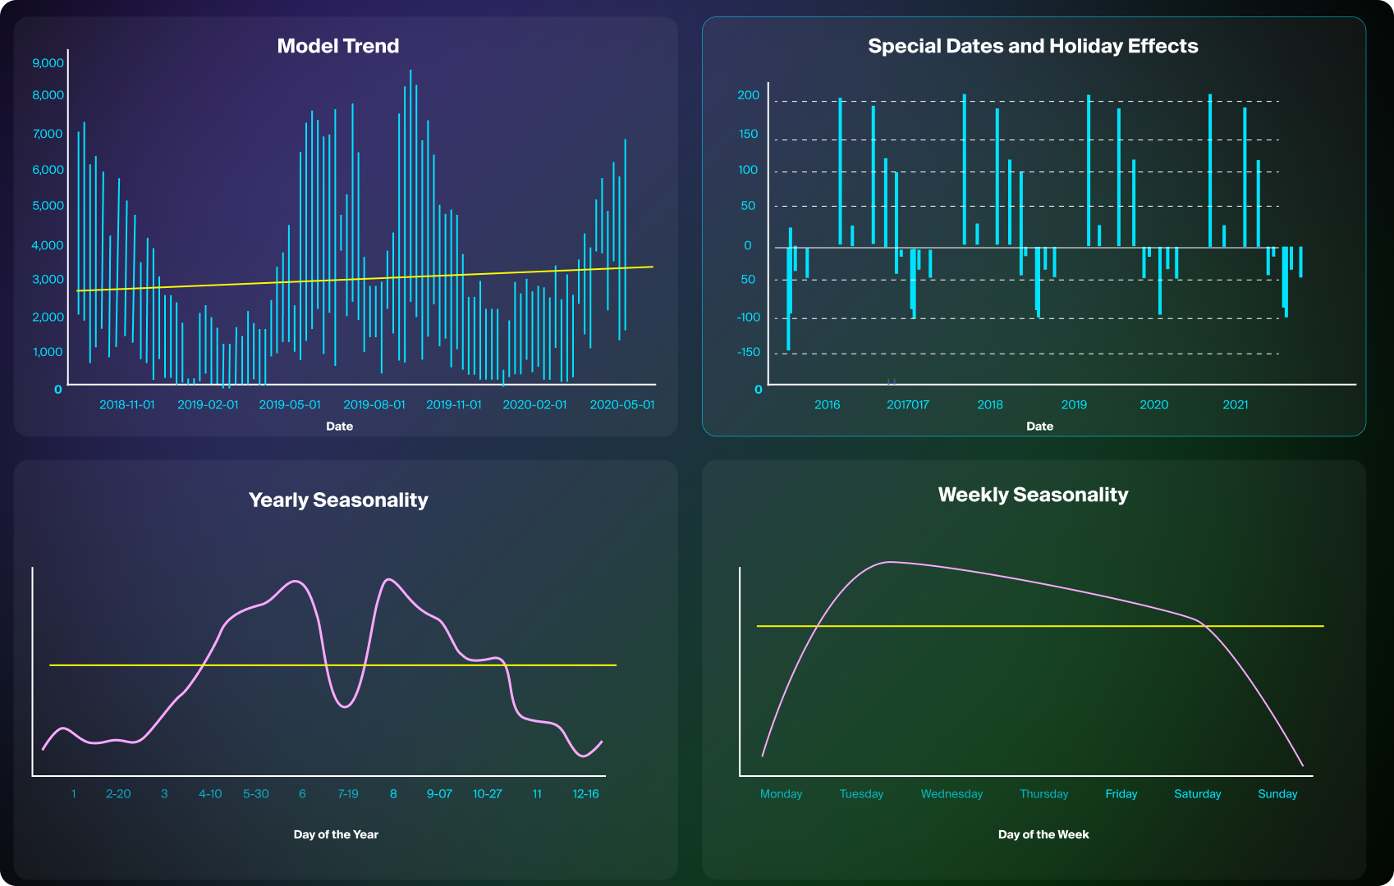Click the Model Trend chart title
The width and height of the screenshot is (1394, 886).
pos(337,46)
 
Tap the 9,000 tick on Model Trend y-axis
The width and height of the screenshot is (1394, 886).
pos(48,63)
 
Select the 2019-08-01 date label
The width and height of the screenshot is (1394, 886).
pos(374,404)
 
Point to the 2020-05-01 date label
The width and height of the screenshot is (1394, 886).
pos(621,404)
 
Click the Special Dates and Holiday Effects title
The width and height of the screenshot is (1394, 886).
pos(1033,46)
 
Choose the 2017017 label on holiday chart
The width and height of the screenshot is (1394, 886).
pos(907,404)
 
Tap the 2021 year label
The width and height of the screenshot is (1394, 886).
pos(1235,404)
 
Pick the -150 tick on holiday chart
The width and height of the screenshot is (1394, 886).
pos(748,352)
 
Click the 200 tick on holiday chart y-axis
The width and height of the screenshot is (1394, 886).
pos(748,95)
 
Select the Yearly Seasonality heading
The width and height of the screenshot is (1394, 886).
pos(338,500)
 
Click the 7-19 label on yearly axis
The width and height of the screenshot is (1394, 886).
pos(347,794)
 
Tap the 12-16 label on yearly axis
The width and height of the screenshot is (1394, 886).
pos(585,794)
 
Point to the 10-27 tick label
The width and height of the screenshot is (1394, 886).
pos(487,794)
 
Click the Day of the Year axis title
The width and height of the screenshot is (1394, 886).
pos(336,834)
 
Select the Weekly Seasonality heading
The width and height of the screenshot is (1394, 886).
pos(1033,495)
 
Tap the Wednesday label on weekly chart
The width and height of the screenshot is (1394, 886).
pos(951,794)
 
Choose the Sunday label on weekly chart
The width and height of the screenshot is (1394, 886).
pos(1277,794)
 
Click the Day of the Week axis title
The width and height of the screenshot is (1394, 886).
pos(1043,834)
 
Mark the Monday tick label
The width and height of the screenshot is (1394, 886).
pos(781,794)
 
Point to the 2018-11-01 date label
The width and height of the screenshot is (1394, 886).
pos(126,404)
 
